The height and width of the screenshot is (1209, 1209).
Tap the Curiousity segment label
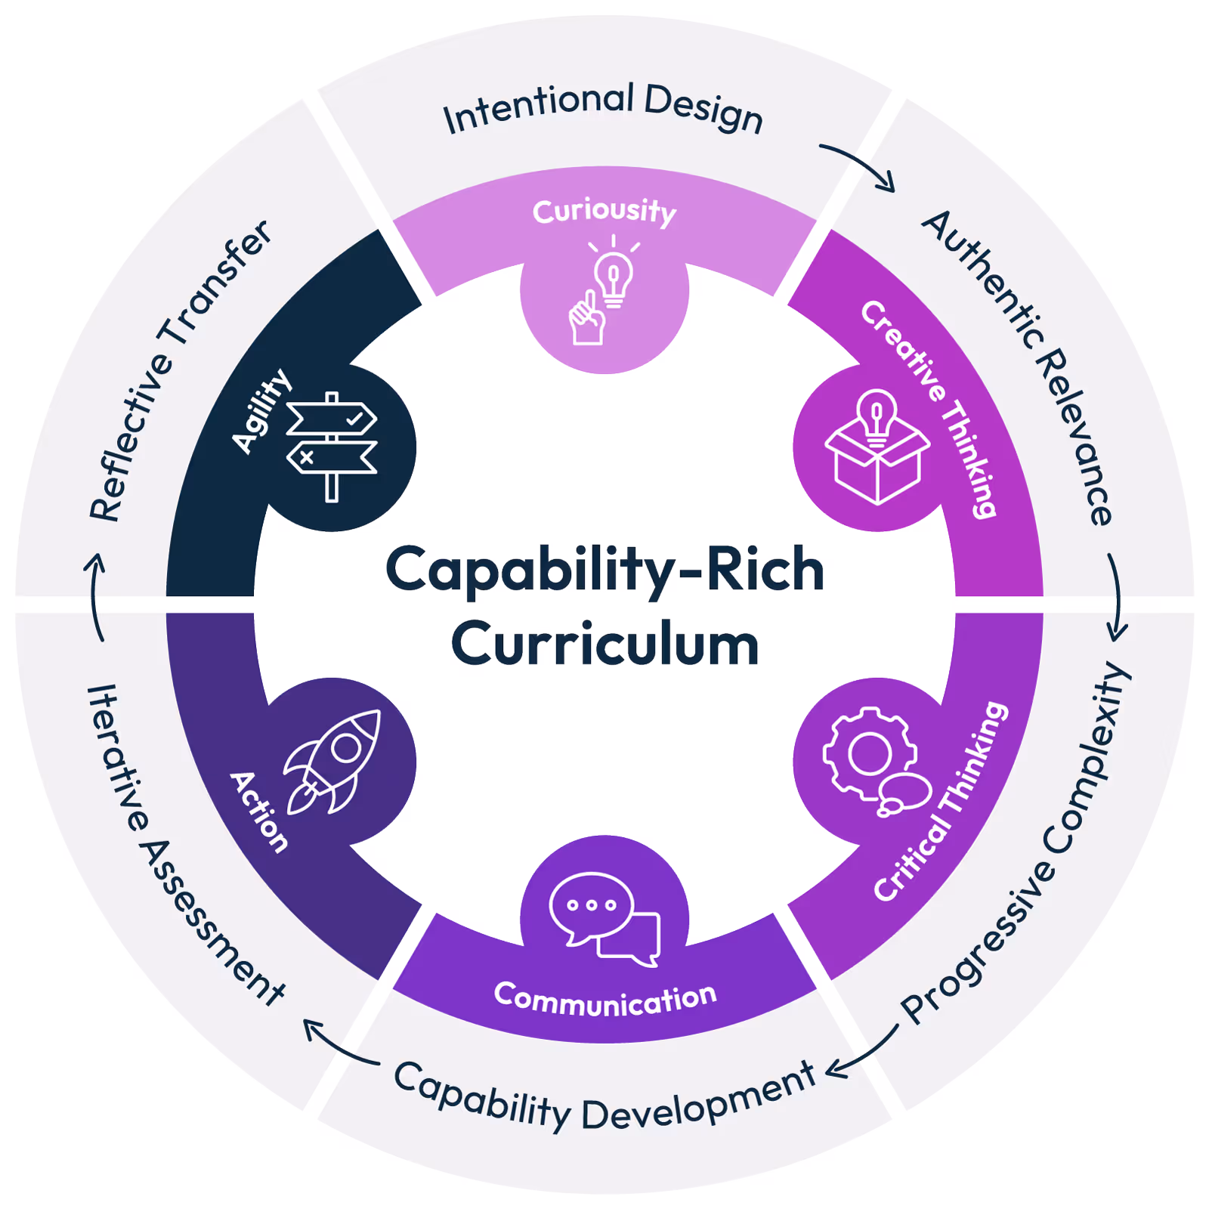(604, 211)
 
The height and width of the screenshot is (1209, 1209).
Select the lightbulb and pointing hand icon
(602, 291)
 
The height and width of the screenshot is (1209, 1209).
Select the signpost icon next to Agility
(332, 447)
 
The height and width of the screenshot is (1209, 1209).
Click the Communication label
(604, 999)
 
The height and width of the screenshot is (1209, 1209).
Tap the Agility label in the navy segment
(261, 411)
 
